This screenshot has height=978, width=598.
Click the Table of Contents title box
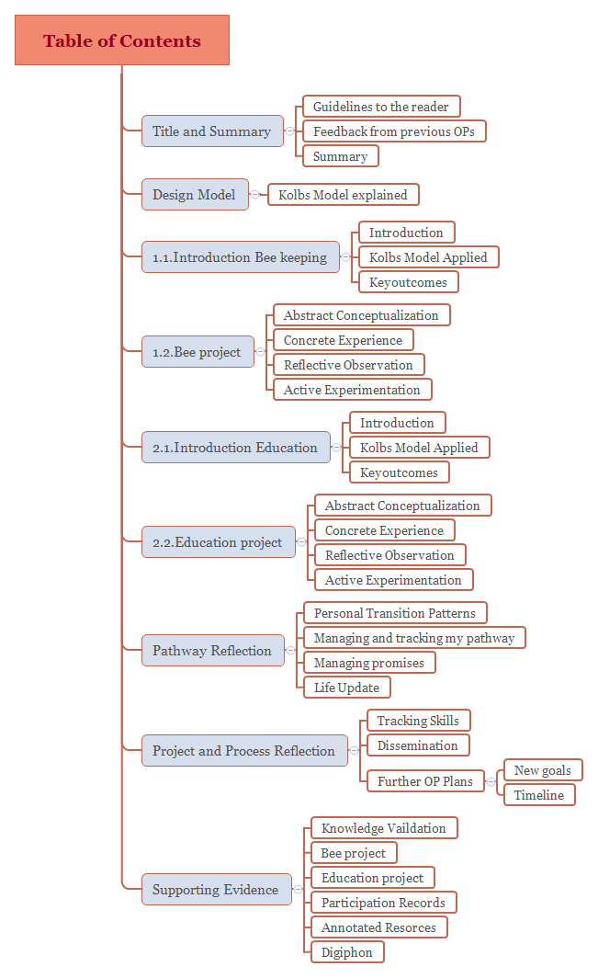(x=121, y=40)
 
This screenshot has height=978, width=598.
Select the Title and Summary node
(x=211, y=131)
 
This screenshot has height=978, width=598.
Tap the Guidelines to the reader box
(x=381, y=107)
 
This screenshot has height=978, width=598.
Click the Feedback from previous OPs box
(x=393, y=131)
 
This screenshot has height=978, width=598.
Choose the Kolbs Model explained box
(x=343, y=195)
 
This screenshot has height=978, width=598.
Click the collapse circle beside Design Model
(x=254, y=195)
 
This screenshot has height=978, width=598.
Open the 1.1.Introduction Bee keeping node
(x=240, y=257)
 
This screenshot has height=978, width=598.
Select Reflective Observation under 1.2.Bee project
(x=348, y=365)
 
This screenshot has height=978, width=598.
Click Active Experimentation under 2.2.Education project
(x=393, y=580)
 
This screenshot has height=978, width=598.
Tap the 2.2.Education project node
(x=218, y=542)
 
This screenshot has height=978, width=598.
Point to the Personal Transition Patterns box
(x=395, y=613)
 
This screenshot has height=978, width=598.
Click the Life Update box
(x=346, y=688)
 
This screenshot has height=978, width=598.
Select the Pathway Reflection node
(x=212, y=651)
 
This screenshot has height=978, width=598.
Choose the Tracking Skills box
(x=418, y=721)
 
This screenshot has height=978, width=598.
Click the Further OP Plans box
(x=425, y=782)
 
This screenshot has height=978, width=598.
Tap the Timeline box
(x=539, y=795)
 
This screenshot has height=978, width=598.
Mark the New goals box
(x=543, y=770)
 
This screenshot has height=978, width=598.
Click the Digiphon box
(x=347, y=952)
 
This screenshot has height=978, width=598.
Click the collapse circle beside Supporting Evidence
(x=298, y=890)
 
